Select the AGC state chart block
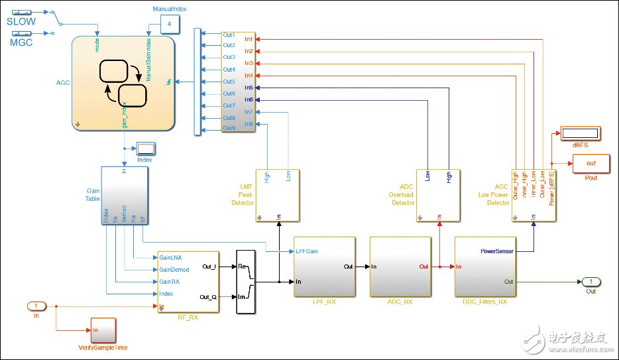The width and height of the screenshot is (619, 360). [123, 82]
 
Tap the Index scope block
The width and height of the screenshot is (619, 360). [145, 148]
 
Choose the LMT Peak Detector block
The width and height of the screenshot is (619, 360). [279, 195]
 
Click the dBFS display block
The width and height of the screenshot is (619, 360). [580, 133]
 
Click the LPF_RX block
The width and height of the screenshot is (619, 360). [324, 268]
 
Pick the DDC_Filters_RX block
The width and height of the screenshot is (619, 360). [485, 268]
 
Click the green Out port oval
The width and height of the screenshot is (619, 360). [591, 282]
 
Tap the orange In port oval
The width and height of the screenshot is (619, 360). [36, 306]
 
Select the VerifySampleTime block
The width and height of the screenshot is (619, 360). [103, 331]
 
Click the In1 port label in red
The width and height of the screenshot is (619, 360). [248, 38]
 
